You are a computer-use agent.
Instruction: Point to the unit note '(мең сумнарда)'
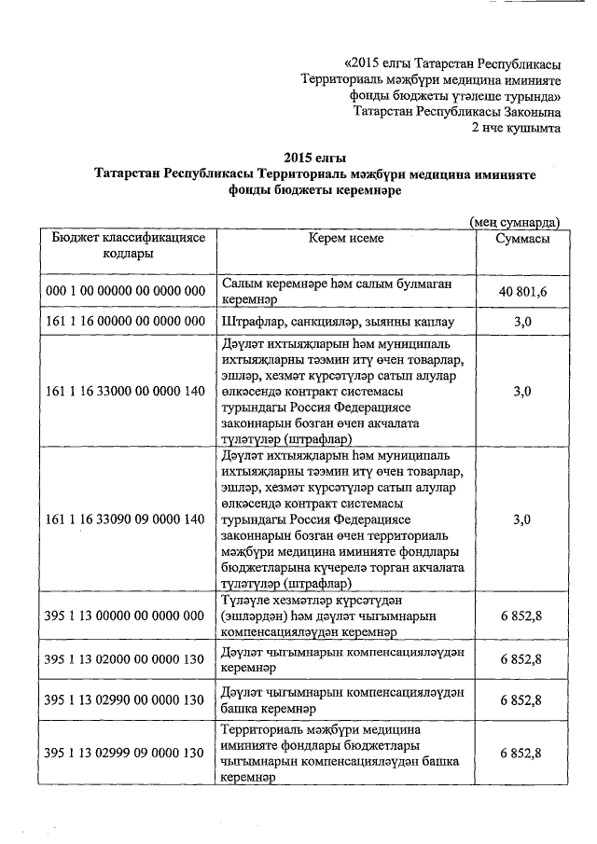pyautogui.click(x=514, y=222)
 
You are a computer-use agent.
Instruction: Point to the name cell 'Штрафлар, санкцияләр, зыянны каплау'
pyautogui.click(x=338, y=322)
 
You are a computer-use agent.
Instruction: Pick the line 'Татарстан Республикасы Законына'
pyautogui.click(x=457, y=111)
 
